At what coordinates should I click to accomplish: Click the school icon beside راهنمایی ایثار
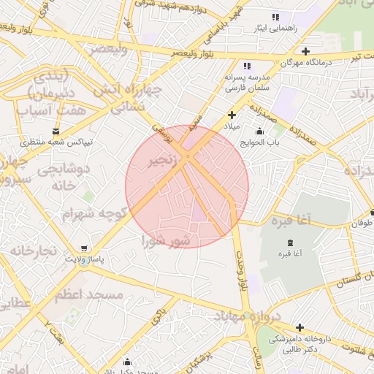point(275,17)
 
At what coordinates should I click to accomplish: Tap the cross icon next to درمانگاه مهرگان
point(305,51)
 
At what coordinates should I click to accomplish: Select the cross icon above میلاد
point(232,115)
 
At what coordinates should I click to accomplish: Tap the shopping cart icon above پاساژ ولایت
point(86,248)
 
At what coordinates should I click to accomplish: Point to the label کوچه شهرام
point(96,213)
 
